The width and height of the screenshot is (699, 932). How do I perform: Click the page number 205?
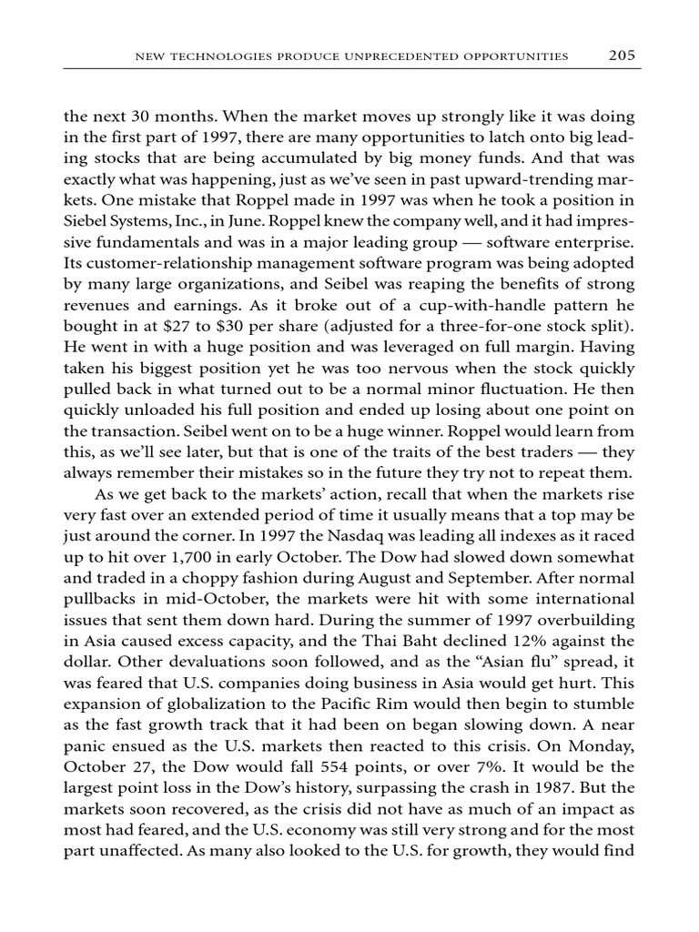click(622, 56)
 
